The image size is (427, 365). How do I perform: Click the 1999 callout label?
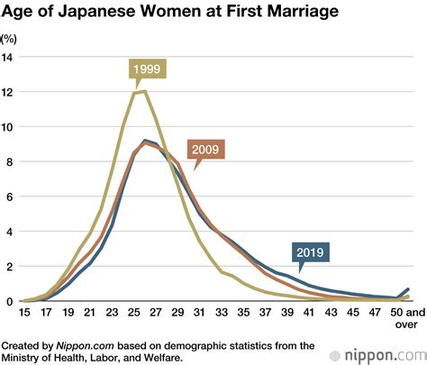coord(146,69)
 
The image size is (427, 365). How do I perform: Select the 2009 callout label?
coord(206,150)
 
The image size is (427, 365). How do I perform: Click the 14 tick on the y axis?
coord(8,57)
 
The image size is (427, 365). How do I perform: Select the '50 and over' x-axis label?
coord(399,320)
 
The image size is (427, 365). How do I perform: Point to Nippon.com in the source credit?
coord(83,344)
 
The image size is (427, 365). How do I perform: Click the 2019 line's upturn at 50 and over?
coord(407,289)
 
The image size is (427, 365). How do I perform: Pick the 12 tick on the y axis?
coord(8,92)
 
